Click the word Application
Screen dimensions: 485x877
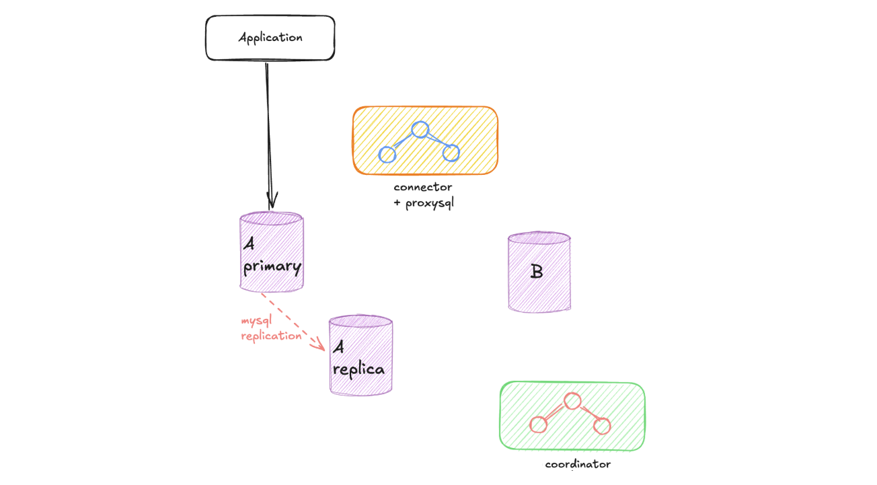pyautogui.click(x=270, y=38)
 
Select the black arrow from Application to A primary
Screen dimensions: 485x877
pyautogui.click(x=268, y=135)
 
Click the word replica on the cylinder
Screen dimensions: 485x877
pyautogui.click(x=359, y=369)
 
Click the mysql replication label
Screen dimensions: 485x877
pyautogui.click(x=271, y=328)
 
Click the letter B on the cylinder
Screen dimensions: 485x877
pyautogui.click(x=537, y=272)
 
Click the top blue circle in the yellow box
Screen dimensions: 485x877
pyautogui.click(x=420, y=129)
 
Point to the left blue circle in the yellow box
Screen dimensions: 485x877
pyautogui.click(x=387, y=154)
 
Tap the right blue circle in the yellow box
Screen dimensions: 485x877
pyautogui.click(x=451, y=153)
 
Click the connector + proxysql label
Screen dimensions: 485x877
pyautogui.click(x=424, y=195)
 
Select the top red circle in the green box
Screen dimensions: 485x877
pyautogui.click(x=572, y=401)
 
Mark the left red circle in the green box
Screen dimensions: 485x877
pyautogui.click(x=538, y=425)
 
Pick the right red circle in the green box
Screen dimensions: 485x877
pyautogui.click(x=602, y=426)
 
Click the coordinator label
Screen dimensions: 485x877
pyautogui.click(x=578, y=464)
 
